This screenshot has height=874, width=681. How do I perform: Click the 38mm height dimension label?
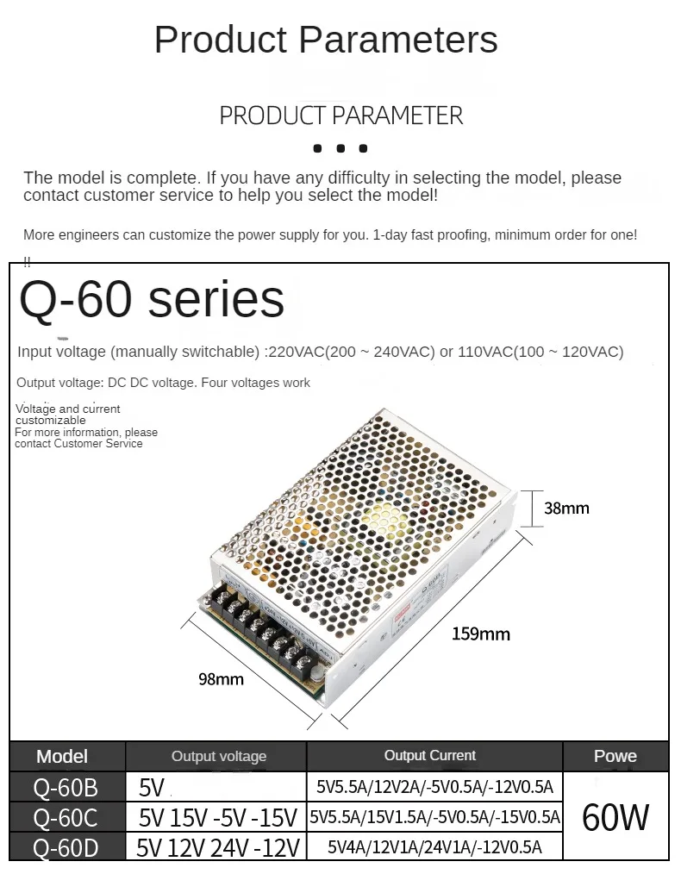pyautogui.click(x=566, y=508)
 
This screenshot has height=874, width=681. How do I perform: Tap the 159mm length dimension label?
pyautogui.click(x=481, y=634)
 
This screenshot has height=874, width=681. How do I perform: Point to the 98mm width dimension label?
pyautogui.click(x=221, y=679)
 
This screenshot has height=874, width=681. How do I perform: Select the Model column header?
pyautogui.click(x=62, y=757)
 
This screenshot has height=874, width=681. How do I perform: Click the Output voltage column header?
pyautogui.click(x=219, y=757)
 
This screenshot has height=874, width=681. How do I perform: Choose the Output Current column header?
pyautogui.click(x=430, y=756)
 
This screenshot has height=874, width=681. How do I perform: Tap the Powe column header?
pyautogui.click(x=615, y=757)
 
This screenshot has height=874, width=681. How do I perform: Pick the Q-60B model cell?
pyautogui.click(x=66, y=788)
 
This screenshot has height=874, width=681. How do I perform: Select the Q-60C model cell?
pyautogui.click(x=66, y=817)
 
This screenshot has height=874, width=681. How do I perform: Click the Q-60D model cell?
pyautogui.click(x=66, y=847)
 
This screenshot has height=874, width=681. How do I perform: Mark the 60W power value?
pyautogui.click(x=615, y=816)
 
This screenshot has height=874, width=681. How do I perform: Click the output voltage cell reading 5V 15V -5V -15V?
pyautogui.click(x=218, y=817)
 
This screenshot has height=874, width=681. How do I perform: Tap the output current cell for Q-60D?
pyautogui.click(x=434, y=847)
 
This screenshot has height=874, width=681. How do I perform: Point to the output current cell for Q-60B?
pyautogui.click(x=434, y=787)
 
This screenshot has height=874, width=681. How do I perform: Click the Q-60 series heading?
pyautogui.click(x=152, y=299)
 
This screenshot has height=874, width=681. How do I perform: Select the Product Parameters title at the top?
pyautogui.click(x=326, y=40)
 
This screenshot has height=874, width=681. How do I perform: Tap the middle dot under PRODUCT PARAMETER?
pyautogui.click(x=340, y=148)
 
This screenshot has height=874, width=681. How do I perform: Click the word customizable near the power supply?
pyautogui.click(x=51, y=421)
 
